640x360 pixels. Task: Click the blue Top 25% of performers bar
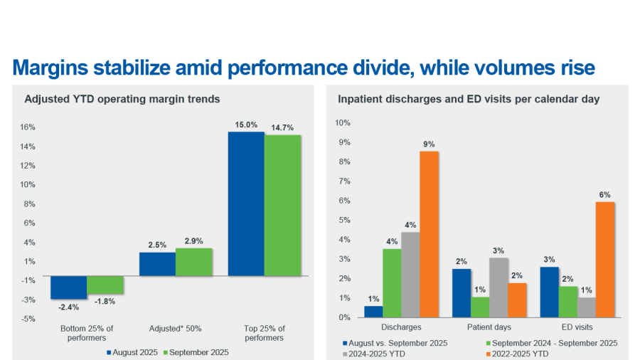tap(246, 203)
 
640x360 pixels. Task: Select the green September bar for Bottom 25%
tap(105, 285)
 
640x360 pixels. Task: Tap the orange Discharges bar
tap(429, 234)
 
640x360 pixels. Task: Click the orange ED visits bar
tap(605, 260)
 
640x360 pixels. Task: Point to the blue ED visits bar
tap(549, 292)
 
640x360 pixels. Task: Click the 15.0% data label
tap(246, 125)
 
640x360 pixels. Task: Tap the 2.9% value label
tap(194, 242)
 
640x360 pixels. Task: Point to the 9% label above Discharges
tap(429, 144)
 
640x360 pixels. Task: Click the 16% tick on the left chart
tap(28, 127)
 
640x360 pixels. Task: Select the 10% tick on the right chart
tap(342, 123)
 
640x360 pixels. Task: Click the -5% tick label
tap(28, 318)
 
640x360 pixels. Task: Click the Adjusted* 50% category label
tap(176, 329)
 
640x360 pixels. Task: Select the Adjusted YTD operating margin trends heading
tap(122, 99)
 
